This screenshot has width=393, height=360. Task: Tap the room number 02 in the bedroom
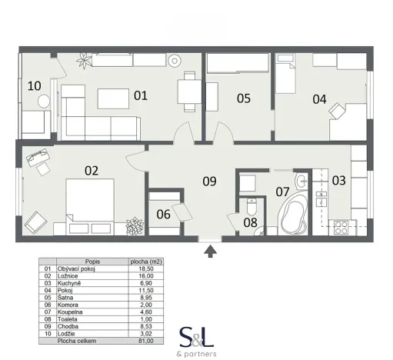click(92, 171)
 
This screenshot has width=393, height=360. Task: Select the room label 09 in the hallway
click(209, 182)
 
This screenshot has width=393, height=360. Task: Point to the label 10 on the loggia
click(34, 85)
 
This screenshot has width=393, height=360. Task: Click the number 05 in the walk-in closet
click(243, 98)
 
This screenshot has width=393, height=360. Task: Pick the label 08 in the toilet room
click(162, 215)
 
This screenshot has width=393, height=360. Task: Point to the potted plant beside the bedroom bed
click(135, 226)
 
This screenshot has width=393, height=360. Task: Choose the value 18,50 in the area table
click(159, 268)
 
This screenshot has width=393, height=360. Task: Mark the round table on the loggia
click(43, 101)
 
